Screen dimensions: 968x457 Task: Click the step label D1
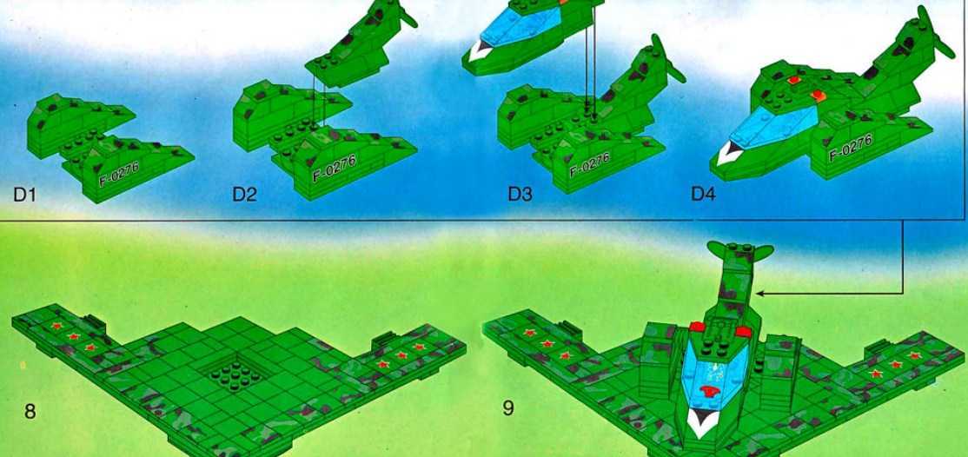click(x=24, y=195)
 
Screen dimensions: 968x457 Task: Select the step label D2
click(x=244, y=195)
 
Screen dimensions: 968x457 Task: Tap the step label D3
click(x=520, y=194)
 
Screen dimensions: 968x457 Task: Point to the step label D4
click(x=703, y=195)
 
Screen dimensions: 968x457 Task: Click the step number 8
click(x=30, y=412)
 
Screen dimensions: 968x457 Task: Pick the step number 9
click(x=507, y=408)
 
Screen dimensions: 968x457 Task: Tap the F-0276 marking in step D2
click(x=334, y=168)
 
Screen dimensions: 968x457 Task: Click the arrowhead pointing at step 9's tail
click(x=761, y=294)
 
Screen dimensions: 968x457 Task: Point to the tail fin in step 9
click(x=739, y=252)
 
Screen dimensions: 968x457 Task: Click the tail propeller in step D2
click(x=395, y=11)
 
